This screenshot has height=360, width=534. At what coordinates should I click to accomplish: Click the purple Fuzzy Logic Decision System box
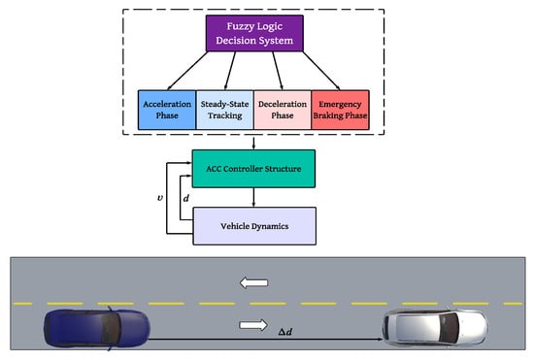coord(254,33)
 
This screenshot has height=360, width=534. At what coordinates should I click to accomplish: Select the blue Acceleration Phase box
coord(167,110)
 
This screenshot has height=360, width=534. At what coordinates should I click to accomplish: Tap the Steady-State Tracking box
coord(225,110)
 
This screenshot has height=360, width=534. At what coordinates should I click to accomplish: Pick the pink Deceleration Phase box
coord(283,110)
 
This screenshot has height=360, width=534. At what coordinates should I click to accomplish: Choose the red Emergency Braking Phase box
coord(340,110)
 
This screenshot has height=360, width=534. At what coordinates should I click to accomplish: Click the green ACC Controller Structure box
coord(253,169)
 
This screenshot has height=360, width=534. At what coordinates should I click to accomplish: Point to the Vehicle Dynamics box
coord(254,226)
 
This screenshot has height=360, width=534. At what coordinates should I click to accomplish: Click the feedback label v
coord(160,198)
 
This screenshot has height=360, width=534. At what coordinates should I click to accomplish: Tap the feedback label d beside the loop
coord(186,198)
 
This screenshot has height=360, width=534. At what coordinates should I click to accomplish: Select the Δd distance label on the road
coord(285,332)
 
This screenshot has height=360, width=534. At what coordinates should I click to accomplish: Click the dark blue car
coord(97,329)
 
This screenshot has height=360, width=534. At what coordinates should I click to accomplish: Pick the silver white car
coord(435,327)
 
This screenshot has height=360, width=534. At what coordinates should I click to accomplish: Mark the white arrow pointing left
coord(253,282)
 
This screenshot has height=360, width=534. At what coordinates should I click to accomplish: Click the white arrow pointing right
coord(253,325)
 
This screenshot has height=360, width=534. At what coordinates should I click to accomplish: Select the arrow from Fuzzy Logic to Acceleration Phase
coord(187,71)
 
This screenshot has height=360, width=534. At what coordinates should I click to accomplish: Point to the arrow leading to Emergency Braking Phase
coord(321,71)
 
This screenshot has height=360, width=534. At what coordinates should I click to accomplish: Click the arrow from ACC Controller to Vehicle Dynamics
coord(253,197)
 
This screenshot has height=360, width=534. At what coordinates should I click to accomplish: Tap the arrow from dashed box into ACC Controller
coord(253,143)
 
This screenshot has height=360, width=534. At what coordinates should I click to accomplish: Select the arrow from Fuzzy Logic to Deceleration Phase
coord(278,71)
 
